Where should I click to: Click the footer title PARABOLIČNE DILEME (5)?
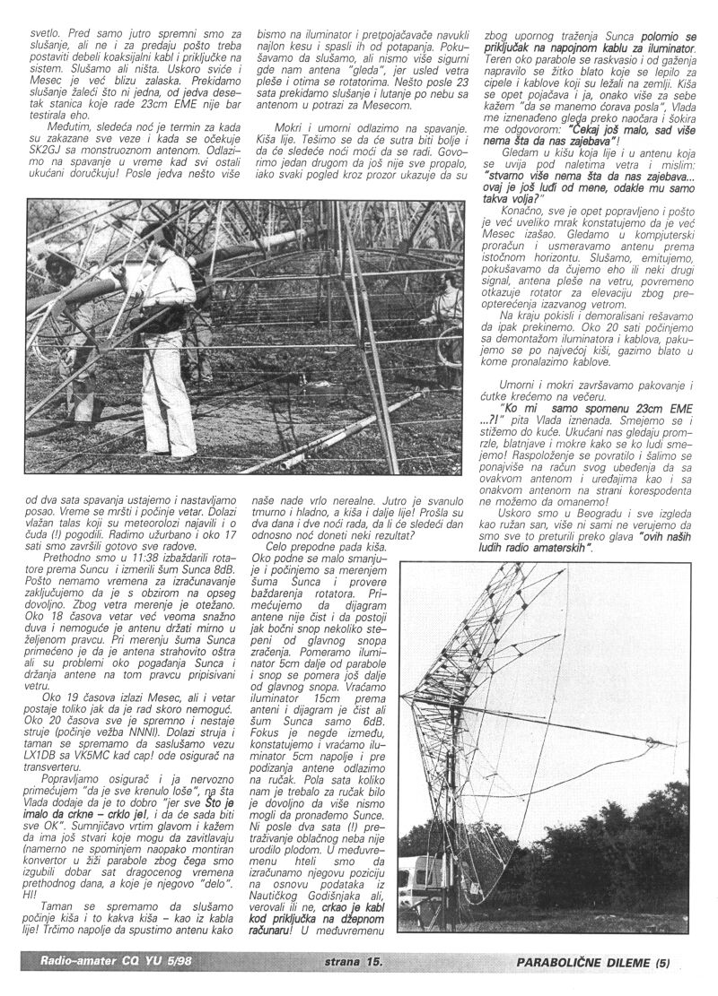pyautogui.click(x=593, y=964)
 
